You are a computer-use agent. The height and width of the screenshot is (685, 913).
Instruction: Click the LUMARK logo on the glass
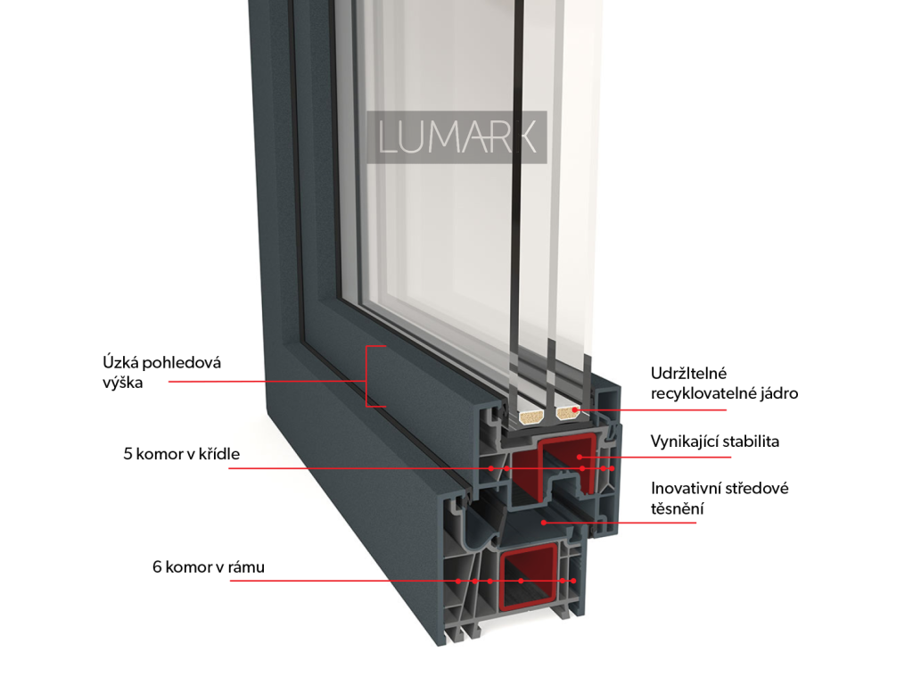point(458,137)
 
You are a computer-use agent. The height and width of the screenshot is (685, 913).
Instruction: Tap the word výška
point(122,383)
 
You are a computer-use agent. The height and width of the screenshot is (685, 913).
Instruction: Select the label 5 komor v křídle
point(181,454)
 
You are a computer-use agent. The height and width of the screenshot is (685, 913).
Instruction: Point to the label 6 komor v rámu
point(208,566)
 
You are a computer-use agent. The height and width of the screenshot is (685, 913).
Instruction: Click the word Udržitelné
point(688,373)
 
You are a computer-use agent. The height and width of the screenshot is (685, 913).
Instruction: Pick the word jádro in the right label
point(776,392)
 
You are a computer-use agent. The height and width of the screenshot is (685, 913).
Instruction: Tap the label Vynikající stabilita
point(715,442)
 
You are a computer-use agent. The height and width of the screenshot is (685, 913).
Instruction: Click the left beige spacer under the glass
point(531,414)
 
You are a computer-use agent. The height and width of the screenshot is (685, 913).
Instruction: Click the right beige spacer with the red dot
point(567,412)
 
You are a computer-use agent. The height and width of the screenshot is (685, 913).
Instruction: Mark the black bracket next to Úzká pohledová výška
point(374,376)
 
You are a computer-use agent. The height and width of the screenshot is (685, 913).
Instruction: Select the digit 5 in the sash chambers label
point(127,454)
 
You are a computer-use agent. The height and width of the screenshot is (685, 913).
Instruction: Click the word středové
point(756,489)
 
